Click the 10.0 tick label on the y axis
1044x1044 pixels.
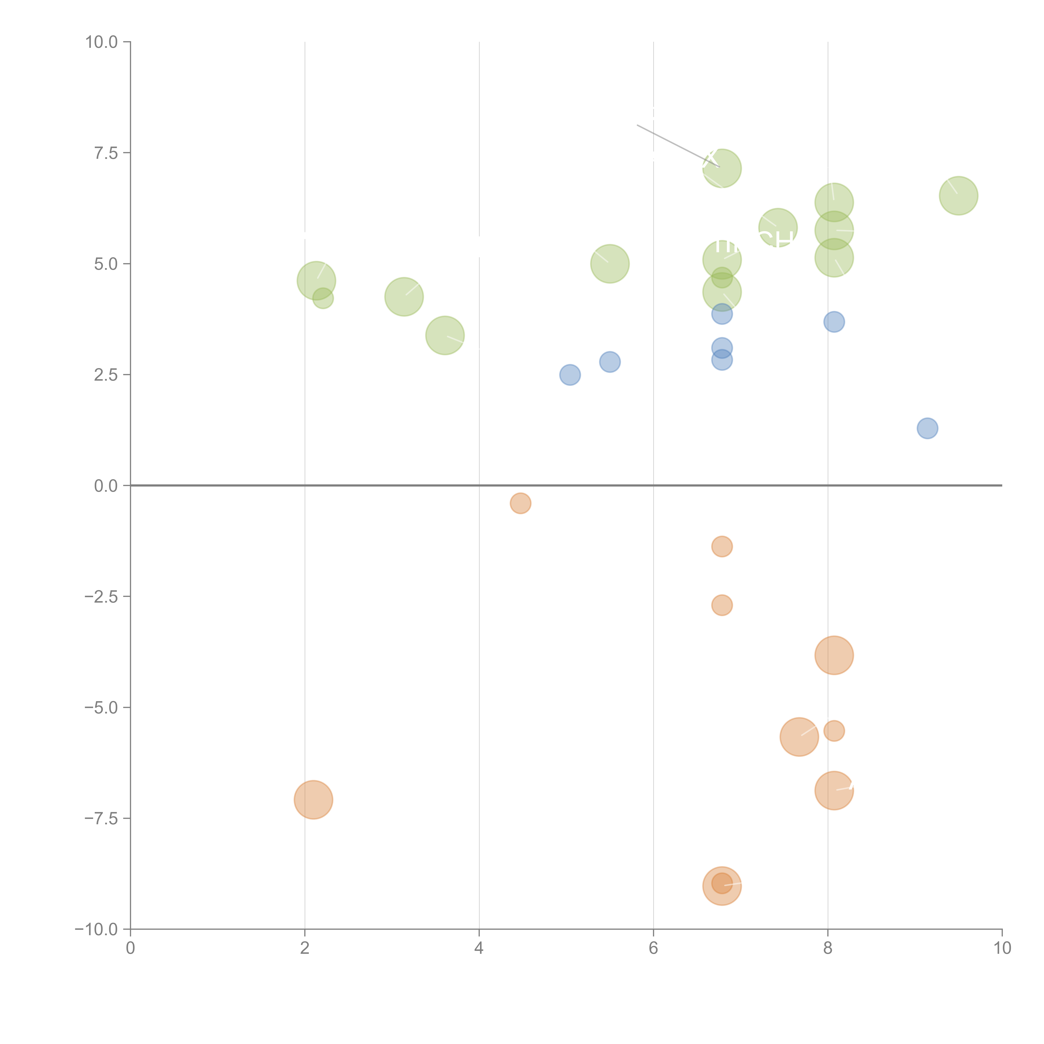pos(102,42)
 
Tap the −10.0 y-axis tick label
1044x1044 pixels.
pos(96,929)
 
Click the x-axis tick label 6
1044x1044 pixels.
pos(653,948)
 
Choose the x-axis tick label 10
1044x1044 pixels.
pos(1002,948)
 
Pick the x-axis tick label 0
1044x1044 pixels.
pos(130,948)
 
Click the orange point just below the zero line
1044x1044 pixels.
pos(520,503)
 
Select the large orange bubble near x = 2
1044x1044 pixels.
pos(313,800)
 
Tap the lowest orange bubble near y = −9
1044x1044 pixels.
pos(722,886)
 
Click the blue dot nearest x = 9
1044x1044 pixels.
pos(927,428)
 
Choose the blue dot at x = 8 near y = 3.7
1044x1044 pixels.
pos(834,322)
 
